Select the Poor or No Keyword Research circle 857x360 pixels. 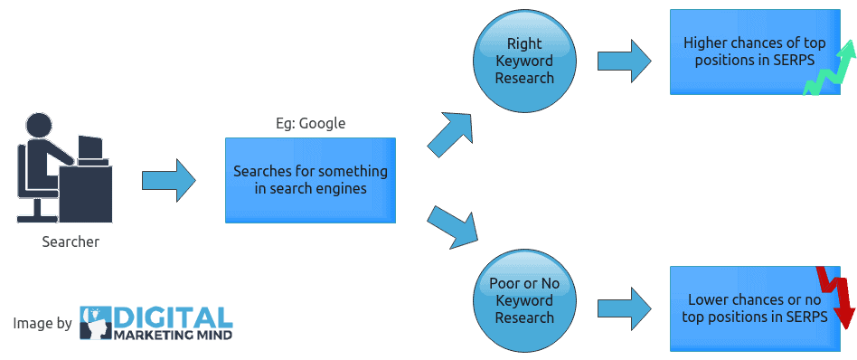524,300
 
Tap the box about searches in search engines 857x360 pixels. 310,179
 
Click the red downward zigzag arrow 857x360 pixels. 837,297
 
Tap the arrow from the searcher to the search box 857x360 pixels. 169,180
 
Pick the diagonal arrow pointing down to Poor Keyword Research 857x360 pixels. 453,226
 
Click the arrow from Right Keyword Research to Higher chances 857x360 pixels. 624,61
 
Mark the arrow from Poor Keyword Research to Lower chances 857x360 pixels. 624,304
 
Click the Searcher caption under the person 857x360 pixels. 71,242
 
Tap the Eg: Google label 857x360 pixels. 310,123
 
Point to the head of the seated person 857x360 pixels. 40,125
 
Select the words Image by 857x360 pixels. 42,323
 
